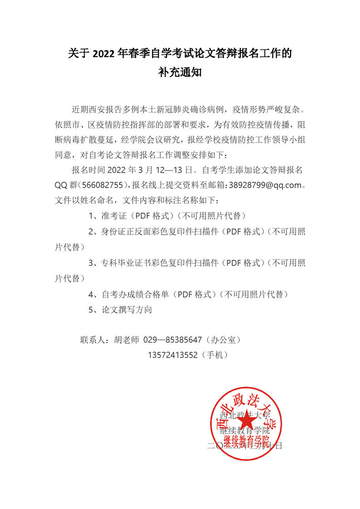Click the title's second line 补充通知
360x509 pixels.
click(180, 73)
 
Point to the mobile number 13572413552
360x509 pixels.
click(173, 355)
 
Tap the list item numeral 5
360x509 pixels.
click(91, 310)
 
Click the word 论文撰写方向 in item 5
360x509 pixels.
click(128, 310)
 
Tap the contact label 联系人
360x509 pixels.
click(92, 340)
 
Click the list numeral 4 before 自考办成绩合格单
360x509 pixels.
click(91, 294)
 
